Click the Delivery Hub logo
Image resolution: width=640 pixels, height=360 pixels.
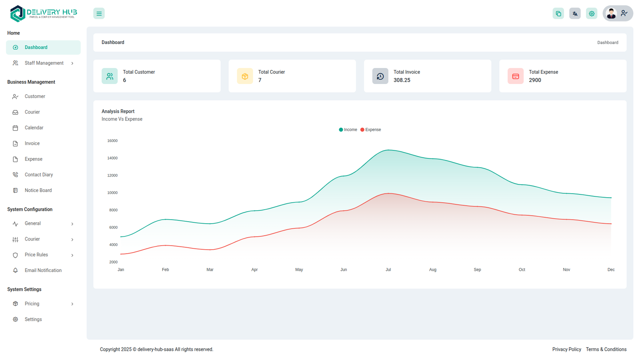point(43,14)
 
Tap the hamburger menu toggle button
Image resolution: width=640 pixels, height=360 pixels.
point(99,14)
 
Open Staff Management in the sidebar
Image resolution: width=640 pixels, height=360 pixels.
point(44,63)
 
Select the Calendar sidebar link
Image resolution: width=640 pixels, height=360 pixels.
point(34,128)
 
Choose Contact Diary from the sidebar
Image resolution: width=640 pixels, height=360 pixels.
point(39,175)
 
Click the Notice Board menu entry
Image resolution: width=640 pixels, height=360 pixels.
point(38,190)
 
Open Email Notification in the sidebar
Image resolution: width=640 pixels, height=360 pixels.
point(43,270)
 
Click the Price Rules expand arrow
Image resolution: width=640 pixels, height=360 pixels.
point(72,255)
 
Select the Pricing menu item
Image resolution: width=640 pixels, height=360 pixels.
point(32,304)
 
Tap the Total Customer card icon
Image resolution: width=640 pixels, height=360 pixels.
point(110,76)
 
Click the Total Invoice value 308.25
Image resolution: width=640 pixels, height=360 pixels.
point(402,80)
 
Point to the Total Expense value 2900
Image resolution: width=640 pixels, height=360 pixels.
point(535,80)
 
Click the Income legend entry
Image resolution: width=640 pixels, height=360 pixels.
point(348,130)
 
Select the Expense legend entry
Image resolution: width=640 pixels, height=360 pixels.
point(371,130)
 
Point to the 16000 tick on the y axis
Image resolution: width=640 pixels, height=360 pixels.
point(112,141)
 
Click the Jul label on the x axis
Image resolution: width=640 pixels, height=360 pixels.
point(388,270)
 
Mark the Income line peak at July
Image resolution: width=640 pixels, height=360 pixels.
point(388,150)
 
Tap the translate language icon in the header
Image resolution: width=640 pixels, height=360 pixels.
point(575,14)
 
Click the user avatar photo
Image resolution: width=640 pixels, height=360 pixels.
point(611,14)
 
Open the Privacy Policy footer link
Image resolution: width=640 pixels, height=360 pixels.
point(566,350)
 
